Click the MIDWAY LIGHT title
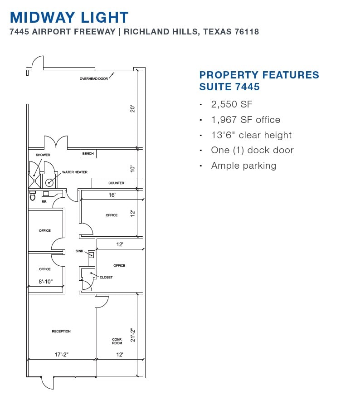(x=69, y=17)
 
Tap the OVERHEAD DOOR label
(x=94, y=78)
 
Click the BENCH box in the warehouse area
(x=88, y=154)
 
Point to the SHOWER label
(x=43, y=155)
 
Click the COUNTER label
(x=116, y=183)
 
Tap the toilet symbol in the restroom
(x=33, y=196)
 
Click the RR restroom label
(x=44, y=202)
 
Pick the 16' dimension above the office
(x=112, y=195)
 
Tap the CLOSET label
(x=106, y=277)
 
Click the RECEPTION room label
(x=61, y=332)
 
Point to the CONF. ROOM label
(x=117, y=341)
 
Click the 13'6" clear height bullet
(x=251, y=135)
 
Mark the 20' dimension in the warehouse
(x=132, y=109)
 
